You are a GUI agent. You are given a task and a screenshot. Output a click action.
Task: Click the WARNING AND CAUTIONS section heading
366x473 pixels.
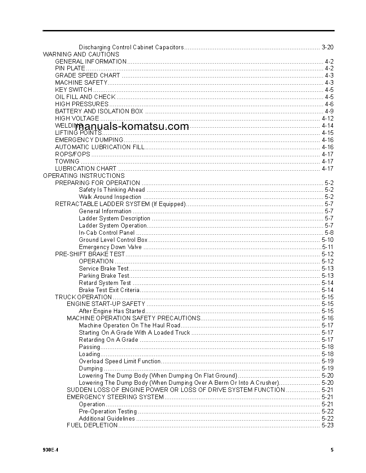(x=81, y=54)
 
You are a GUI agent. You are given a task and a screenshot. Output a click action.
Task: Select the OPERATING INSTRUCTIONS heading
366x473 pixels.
(x=83, y=176)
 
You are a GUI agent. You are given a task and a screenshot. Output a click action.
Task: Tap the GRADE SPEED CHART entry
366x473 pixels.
(x=87, y=76)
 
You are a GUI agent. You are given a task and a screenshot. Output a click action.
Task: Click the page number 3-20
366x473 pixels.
(x=327, y=47)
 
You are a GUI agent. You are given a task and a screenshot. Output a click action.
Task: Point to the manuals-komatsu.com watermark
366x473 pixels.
(x=132, y=126)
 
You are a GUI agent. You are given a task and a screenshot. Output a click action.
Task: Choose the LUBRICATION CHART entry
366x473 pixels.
(x=86, y=168)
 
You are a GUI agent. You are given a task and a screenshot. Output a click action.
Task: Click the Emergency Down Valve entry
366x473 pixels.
(x=110, y=247)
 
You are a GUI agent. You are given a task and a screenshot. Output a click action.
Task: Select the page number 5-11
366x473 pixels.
(x=327, y=247)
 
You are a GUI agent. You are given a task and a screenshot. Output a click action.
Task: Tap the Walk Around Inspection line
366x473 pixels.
(x=110, y=197)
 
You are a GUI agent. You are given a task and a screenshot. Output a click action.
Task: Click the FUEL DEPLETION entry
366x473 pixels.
(x=92, y=425)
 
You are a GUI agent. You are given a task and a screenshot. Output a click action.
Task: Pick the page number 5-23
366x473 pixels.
(x=327, y=425)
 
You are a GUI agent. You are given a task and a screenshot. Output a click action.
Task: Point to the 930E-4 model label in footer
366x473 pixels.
(x=51, y=450)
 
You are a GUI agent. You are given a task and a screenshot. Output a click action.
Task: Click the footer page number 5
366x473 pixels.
(x=332, y=450)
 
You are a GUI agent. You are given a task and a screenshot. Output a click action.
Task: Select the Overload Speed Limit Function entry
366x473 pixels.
(x=120, y=361)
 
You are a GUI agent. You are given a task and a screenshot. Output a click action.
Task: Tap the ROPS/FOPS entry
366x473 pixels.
(x=73, y=154)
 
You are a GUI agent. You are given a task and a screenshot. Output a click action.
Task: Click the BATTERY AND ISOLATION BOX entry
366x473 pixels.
(x=99, y=111)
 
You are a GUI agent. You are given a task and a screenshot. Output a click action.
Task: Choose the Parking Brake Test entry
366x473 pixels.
(x=104, y=275)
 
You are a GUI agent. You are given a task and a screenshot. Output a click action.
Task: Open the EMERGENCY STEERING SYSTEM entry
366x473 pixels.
(x=115, y=397)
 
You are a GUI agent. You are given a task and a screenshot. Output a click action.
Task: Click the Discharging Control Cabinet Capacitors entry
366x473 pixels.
(x=131, y=47)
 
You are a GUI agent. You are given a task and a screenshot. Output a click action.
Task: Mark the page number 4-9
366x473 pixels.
(x=329, y=111)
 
